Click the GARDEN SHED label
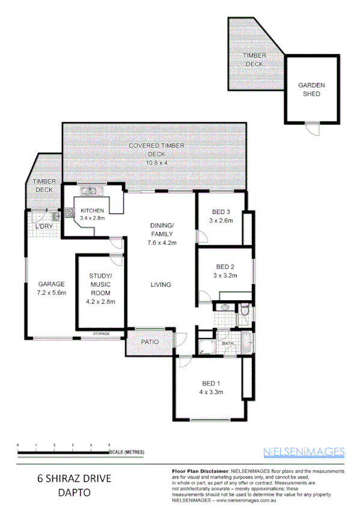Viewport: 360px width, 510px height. click(x=311, y=89)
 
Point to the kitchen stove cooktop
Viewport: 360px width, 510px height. click(x=69, y=212)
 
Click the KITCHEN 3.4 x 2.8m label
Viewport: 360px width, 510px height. click(x=93, y=214)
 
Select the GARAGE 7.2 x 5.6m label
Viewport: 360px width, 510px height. click(x=52, y=288)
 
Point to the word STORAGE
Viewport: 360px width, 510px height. click(x=102, y=333)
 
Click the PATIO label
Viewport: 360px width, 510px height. click(x=148, y=342)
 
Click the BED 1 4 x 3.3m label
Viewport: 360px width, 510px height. click(x=212, y=388)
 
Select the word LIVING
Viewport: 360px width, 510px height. click(x=160, y=284)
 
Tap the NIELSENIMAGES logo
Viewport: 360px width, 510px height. click(x=304, y=451)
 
